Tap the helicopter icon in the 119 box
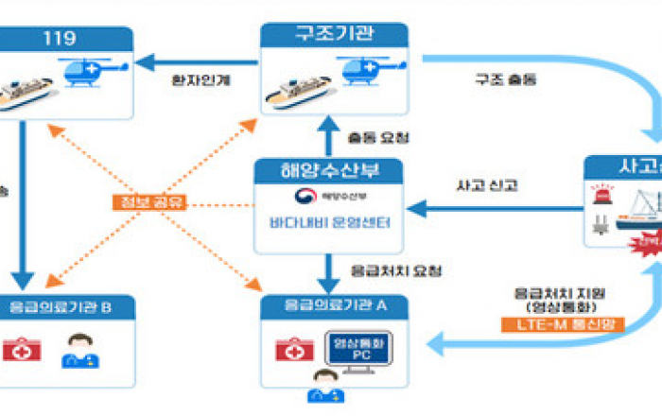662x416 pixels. pyautogui.click(x=90, y=73)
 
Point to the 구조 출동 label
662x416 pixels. pyautogui.click(x=505, y=80)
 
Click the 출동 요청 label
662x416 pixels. pyautogui.click(x=379, y=137)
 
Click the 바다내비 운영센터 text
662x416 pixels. pyautogui.click(x=329, y=224)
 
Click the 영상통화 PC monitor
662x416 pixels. pyautogui.click(x=351, y=352)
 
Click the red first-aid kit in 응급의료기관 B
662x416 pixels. pyautogui.click(x=20, y=351)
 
